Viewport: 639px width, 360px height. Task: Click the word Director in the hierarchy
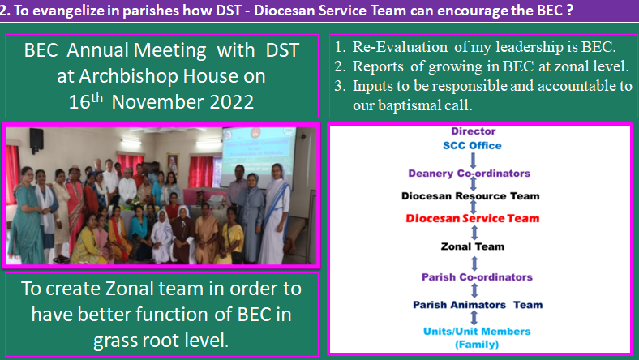pyautogui.click(x=473, y=131)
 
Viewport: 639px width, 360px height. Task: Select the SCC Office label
pyautogui.click(x=472, y=146)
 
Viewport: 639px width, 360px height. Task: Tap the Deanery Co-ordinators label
pyautogui.click(x=469, y=174)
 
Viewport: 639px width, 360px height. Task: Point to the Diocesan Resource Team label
pyautogui.click(x=470, y=196)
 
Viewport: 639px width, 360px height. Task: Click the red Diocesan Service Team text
pyautogui.click(x=472, y=219)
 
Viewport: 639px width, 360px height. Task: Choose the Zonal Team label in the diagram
pyautogui.click(x=473, y=246)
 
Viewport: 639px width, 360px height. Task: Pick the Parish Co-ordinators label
pyautogui.click(x=477, y=277)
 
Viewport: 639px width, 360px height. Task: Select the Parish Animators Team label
pyautogui.click(x=478, y=305)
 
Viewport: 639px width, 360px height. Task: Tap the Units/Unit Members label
pyautogui.click(x=477, y=332)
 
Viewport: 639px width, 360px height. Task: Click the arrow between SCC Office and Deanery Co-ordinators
pyautogui.click(x=473, y=161)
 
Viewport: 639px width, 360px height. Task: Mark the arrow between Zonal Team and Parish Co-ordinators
pyautogui.click(x=474, y=264)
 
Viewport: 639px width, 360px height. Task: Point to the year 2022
pyautogui.click(x=231, y=102)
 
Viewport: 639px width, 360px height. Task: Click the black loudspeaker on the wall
pyautogui.click(x=36, y=139)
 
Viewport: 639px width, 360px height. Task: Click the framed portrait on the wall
pyautogui.click(x=173, y=165)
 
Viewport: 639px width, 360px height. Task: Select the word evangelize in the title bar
pyautogui.click(x=68, y=11)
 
